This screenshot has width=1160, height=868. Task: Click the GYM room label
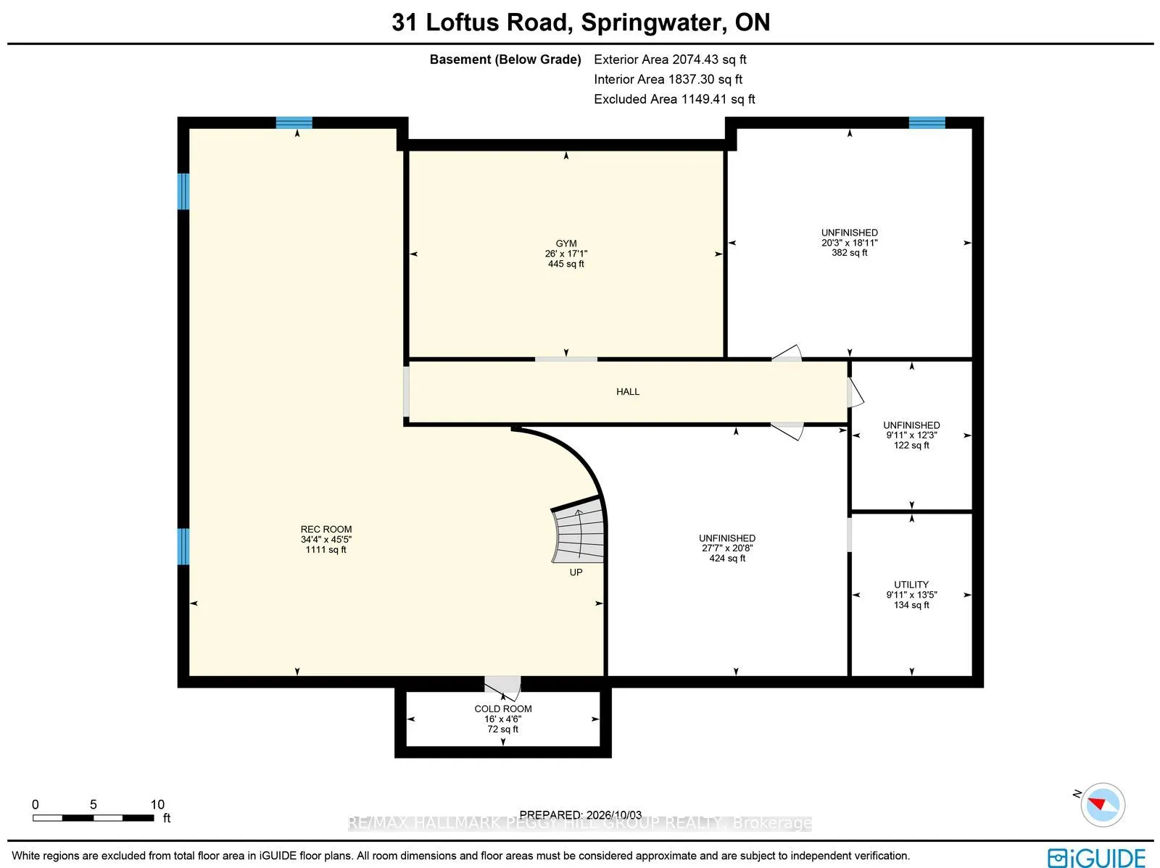tap(565, 243)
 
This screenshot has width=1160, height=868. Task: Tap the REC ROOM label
tap(326, 529)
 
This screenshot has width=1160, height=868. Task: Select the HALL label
tap(627, 392)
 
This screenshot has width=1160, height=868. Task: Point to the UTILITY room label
tap(911, 585)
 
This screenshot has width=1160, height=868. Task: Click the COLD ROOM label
tap(502, 709)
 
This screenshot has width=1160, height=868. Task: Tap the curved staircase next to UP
tap(578, 530)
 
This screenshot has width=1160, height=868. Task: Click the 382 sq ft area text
tap(849, 253)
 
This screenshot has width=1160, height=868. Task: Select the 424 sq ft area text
tap(726, 558)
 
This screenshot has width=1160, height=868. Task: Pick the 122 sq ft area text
tap(911, 445)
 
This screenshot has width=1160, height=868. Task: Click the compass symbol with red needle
tap(1102, 805)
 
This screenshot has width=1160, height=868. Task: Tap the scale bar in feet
tap(94, 818)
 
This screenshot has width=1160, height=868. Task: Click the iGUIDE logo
tap(1097, 858)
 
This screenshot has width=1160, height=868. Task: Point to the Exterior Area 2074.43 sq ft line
tap(670, 59)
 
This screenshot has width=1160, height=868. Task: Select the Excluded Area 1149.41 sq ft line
tap(674, 99)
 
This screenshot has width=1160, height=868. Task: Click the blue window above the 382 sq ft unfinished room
tap(927, 123)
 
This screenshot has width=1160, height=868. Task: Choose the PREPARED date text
tap(580, 815)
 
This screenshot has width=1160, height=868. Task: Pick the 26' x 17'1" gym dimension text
tap(565, 254)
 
